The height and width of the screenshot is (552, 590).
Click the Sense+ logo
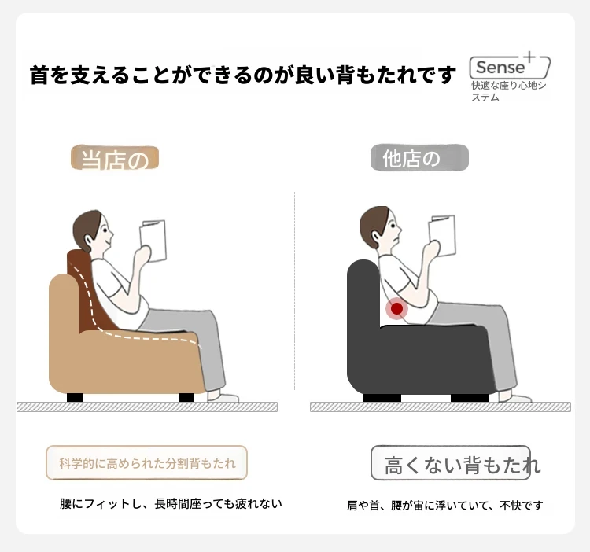(510, 66)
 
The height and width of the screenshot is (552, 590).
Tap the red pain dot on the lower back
(397, 309)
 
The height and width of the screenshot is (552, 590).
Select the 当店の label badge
(115, 158)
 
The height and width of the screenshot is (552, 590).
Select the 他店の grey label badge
(419, 157)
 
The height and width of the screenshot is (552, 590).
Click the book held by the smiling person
(153, 241)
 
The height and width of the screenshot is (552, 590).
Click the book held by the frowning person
(442, 236)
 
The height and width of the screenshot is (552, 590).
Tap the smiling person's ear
(89, 241)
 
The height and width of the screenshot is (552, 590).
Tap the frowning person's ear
(376, 236)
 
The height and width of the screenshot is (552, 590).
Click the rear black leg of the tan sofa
(75, 397)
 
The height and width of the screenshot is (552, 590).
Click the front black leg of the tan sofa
(186, 397)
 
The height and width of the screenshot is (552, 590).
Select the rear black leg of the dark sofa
(382, 398)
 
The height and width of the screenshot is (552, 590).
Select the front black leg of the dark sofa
(470, 398)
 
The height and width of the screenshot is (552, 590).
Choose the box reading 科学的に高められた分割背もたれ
(147, 463)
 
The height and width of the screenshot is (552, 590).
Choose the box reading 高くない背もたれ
(451, 463)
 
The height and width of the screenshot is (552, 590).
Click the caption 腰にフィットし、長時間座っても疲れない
(171, 503)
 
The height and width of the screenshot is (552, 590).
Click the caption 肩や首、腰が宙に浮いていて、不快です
(444, 506)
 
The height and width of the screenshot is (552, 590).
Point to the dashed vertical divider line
(295, 291)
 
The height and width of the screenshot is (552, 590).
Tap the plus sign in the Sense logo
(529, 57)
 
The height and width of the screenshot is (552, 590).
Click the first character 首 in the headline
(39, 75)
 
